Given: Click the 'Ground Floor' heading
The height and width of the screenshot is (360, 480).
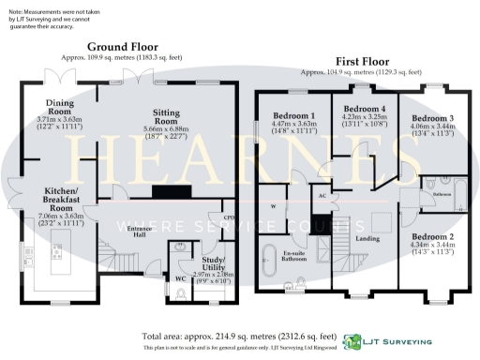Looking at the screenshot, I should pyautogui.click(x=123, y=46).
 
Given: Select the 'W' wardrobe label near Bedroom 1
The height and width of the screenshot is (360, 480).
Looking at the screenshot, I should pyautogui.click(x=273, y=205).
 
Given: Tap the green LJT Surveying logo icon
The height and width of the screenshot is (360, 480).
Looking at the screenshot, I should pyautogui.click(x=353, y=342).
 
